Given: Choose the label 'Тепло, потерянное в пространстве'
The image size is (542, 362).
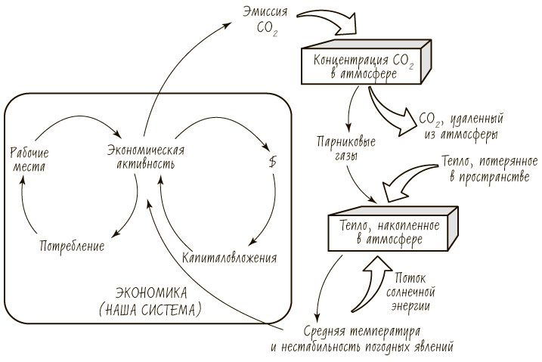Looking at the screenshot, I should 488,170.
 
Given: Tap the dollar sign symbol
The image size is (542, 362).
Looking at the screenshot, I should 273,162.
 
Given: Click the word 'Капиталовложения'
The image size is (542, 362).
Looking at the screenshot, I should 229,257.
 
